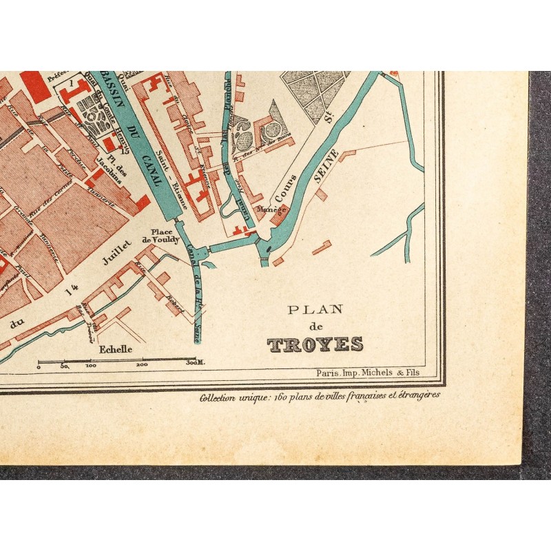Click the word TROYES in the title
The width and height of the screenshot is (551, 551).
pyautogui.click(x=315, y=344)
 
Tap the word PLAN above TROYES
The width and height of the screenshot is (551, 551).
pyautogui.click(x=315, y=309)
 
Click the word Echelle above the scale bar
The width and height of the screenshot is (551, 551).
pyautogui.click(x=116, y=349)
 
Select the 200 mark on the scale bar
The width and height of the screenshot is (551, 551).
pyautogui.click(x=142, y=366)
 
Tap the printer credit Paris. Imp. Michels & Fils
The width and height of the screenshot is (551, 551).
pyautogui.click(x=367, y=373)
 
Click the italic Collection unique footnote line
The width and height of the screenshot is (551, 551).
pyautogui.click(x=319, y=397)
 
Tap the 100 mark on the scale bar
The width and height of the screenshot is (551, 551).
pyautogui.click(x=90, y=366)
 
